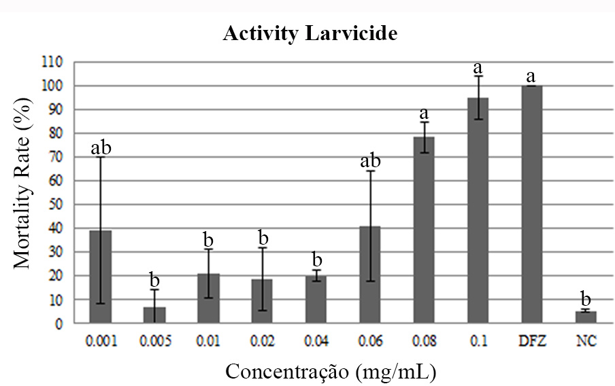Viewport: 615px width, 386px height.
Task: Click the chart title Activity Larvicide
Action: click(x=310, y=35)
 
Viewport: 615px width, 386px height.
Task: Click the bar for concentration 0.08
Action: click(x=423, y=230)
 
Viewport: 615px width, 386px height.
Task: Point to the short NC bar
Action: click(x=585, y=317)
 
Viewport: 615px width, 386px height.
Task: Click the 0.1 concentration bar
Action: click(x=478, y=211)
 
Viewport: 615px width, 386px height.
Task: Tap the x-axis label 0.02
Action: click(x=263, y=340)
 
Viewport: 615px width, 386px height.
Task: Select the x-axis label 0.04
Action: click(x=316, y=340)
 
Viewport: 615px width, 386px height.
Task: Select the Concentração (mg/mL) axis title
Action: click(x=330, y=371)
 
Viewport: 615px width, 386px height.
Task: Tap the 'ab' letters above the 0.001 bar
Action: click(x=100, y=147)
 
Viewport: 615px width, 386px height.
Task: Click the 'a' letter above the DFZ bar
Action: click(x=531, y=75)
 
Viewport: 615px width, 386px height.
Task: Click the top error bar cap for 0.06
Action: click(x=369, y=171)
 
